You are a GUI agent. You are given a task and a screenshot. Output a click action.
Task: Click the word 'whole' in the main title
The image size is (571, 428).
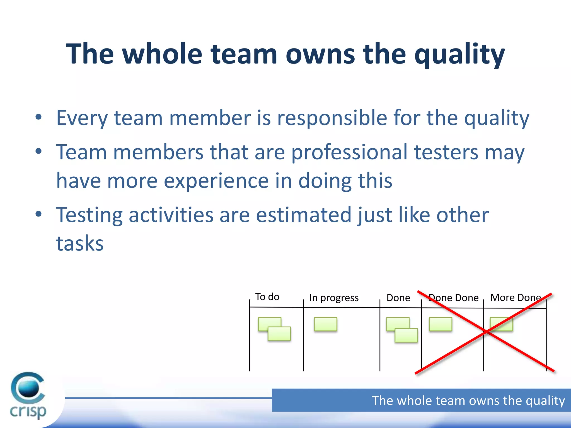[162, 53]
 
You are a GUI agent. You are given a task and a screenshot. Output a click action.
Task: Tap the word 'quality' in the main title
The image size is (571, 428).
[459, 55]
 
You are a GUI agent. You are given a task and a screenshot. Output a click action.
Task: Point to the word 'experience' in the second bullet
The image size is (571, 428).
[216, 181]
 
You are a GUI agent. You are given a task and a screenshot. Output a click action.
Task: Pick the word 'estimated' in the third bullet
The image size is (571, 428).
[304, 215]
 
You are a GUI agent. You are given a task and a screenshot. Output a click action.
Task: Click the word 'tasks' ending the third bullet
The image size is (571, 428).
[80, 244]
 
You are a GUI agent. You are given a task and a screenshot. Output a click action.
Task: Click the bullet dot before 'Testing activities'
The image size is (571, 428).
[38, 214]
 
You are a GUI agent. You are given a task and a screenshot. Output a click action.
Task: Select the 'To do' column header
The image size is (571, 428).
[267, 297]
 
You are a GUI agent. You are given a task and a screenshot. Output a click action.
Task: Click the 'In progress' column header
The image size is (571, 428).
[334, 298]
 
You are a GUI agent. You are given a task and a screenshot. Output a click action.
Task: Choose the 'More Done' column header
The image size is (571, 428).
[516, 298]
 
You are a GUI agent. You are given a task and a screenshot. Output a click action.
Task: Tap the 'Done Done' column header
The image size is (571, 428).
[454, 298]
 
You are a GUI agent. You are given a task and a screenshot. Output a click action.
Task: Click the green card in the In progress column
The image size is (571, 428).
[325, 324]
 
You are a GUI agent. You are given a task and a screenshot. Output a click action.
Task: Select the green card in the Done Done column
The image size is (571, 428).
[441, 324]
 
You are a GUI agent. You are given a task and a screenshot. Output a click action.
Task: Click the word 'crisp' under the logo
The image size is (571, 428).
[28, 412]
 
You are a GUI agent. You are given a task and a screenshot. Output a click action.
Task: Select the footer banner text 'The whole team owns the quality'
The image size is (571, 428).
[468, 401]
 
